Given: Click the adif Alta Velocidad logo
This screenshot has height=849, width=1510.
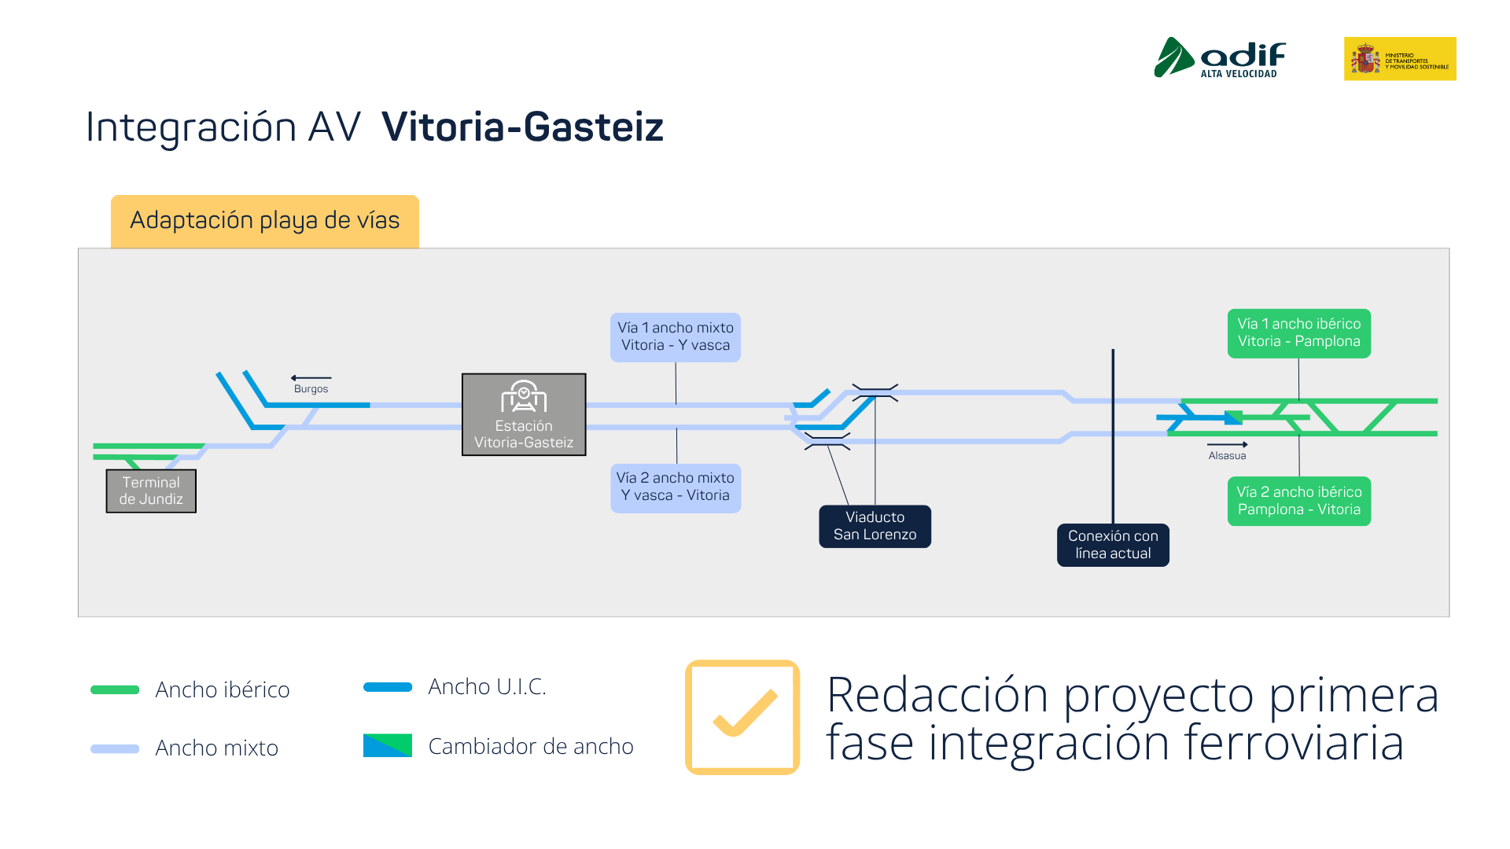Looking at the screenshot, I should click(1220, 57).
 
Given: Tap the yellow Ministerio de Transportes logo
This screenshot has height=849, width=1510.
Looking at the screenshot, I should click(1400, 58).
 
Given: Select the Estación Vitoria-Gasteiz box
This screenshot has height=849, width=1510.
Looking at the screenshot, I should click(524, 414).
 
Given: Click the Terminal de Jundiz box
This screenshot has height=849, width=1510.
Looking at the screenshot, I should click(151, 491).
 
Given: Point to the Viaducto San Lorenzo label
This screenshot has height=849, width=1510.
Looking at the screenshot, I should click(875, 526).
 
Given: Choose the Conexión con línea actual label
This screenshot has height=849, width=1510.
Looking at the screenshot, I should click(1113, 545).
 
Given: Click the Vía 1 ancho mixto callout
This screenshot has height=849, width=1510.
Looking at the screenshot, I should click(675, 336).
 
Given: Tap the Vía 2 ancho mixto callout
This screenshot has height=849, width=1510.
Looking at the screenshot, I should click(675, 487).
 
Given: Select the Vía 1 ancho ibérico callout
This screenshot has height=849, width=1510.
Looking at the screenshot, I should click(1298, 333).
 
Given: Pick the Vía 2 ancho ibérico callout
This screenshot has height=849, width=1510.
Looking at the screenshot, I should click(1298, 501).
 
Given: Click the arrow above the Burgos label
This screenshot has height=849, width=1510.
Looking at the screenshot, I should click(311, 378).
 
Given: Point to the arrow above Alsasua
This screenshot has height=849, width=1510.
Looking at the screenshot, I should click(1227, 445).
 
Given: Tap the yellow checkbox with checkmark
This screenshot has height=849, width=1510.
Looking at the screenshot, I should click(742, 717).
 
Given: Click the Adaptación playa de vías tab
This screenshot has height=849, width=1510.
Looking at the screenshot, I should click(264, 221).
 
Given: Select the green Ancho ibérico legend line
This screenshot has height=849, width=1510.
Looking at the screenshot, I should click(115, 690).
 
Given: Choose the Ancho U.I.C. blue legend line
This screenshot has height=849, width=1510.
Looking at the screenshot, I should click(388, 687).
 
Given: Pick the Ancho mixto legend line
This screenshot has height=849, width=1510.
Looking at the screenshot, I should click(115, 749).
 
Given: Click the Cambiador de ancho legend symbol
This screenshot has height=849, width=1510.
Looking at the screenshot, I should click(388, 745).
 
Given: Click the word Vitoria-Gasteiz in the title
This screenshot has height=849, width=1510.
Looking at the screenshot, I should click(522, 127).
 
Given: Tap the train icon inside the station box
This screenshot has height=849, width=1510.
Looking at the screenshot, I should click(524, 397).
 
